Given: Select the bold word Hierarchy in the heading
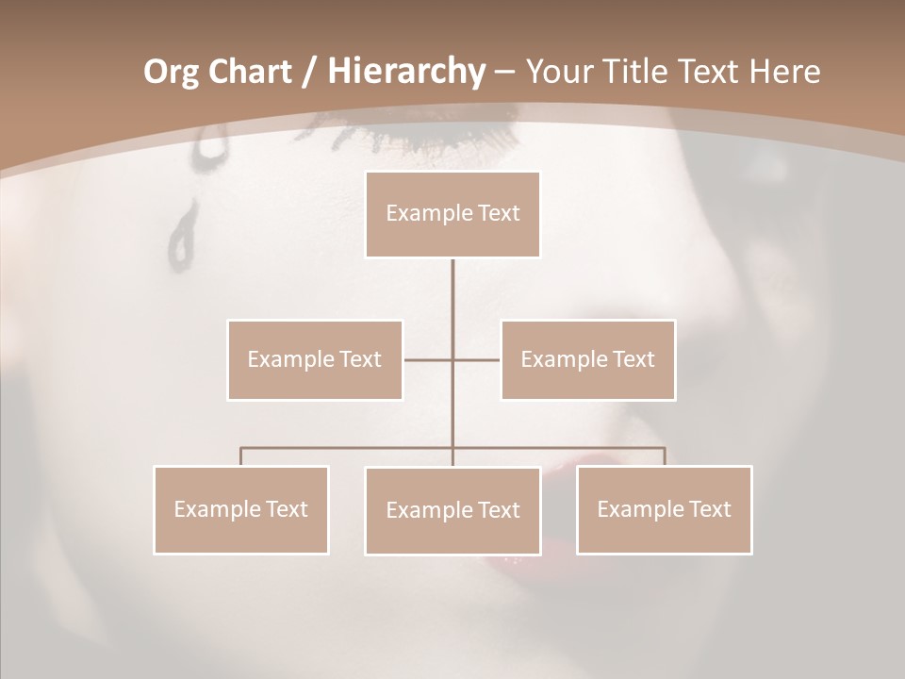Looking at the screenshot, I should (405, 72).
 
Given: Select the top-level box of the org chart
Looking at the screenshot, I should (452, 214).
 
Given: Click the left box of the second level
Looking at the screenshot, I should (315, 359).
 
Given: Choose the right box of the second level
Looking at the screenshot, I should (587, 359).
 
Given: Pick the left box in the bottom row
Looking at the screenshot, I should (241, 509).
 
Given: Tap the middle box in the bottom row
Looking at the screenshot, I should (452, 510).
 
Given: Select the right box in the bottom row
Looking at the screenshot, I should (664, 509).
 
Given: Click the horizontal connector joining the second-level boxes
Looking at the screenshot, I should (476, 359).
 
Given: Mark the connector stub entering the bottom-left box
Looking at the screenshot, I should (241, 456).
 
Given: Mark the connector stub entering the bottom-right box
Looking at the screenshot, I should (664, 456).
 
